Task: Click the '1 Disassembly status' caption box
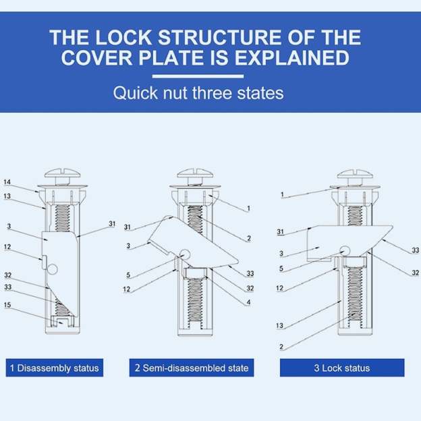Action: pos(55,368)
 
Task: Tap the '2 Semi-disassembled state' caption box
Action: pos(192,368)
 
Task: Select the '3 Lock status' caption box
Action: pos(342,368)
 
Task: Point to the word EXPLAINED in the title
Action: pos(292,57)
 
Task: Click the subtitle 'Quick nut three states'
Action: pos(198,93)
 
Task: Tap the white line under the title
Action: pos(198,76)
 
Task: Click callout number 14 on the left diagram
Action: pos(7,182)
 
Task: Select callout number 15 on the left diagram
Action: pos(7,305)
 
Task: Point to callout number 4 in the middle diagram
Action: pos(249,302)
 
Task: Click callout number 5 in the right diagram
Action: pos(281,269)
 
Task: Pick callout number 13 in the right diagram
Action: pos(279,326)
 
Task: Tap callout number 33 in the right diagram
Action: pos(416,250)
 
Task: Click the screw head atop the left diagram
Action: pos(62,173)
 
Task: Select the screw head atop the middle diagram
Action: pos(195,173)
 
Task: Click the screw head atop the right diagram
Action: pos(355,174)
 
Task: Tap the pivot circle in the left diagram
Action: pos(53,269)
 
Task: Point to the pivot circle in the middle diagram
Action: pos(185,254)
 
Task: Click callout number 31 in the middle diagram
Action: pos(128,227)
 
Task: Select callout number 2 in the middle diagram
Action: pos(249,238)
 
